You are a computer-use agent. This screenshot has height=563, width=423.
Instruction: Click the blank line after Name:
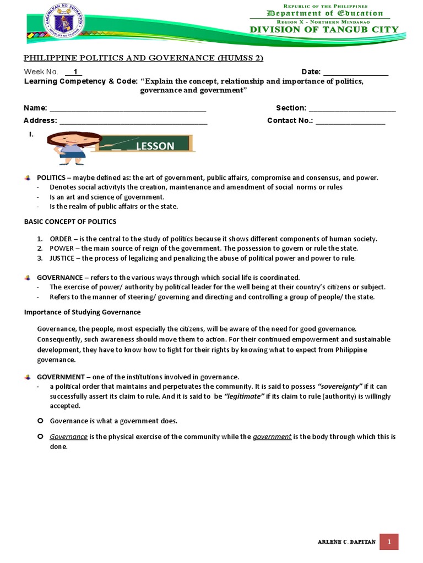(x=128, y=108)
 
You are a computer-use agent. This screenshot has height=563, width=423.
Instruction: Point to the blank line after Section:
(x=352, y=108)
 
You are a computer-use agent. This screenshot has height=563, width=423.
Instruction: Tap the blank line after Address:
(x=133, y=120)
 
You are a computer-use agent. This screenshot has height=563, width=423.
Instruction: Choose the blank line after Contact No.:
(x=350, y=120)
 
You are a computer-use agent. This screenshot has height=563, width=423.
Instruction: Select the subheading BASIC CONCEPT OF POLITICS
(x=70, y=222)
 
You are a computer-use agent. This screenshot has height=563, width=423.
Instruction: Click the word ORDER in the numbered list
(x=61, y=239)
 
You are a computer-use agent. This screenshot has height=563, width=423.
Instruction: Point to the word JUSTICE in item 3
(x=62, y=257)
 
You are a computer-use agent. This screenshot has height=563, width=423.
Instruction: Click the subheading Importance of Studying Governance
(x=82, y=312)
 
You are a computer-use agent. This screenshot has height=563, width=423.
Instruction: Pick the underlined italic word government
(x=272, y=437)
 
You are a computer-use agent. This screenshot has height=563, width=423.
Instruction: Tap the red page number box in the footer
(x=389, y=542)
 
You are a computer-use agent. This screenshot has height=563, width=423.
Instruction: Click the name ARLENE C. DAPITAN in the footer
(x=347, y=542)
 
